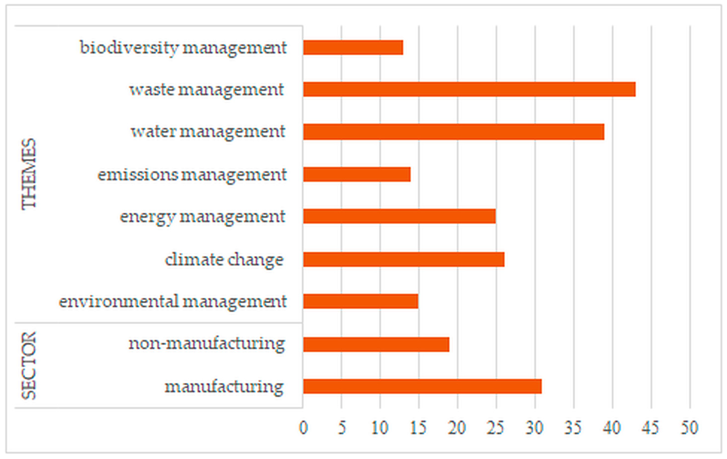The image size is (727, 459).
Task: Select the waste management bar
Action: click(469, 89)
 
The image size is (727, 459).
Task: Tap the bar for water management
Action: click(454, 132)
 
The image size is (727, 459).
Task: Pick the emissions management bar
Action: click(357, 174)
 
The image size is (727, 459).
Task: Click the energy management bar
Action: click(399, 216)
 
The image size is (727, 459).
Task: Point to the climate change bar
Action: click(403, 259)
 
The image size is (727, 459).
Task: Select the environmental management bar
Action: click(361, 301)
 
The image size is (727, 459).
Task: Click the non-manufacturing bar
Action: click(376, 344)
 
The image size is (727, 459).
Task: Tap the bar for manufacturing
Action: click(422, 387)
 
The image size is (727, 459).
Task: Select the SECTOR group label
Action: click(29, 366)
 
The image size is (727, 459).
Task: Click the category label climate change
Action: click(224, 260)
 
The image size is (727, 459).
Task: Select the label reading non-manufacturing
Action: click(207, 344)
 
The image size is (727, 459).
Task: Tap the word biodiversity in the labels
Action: click(129, 48)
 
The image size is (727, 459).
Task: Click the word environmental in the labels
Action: click(119, 301)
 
